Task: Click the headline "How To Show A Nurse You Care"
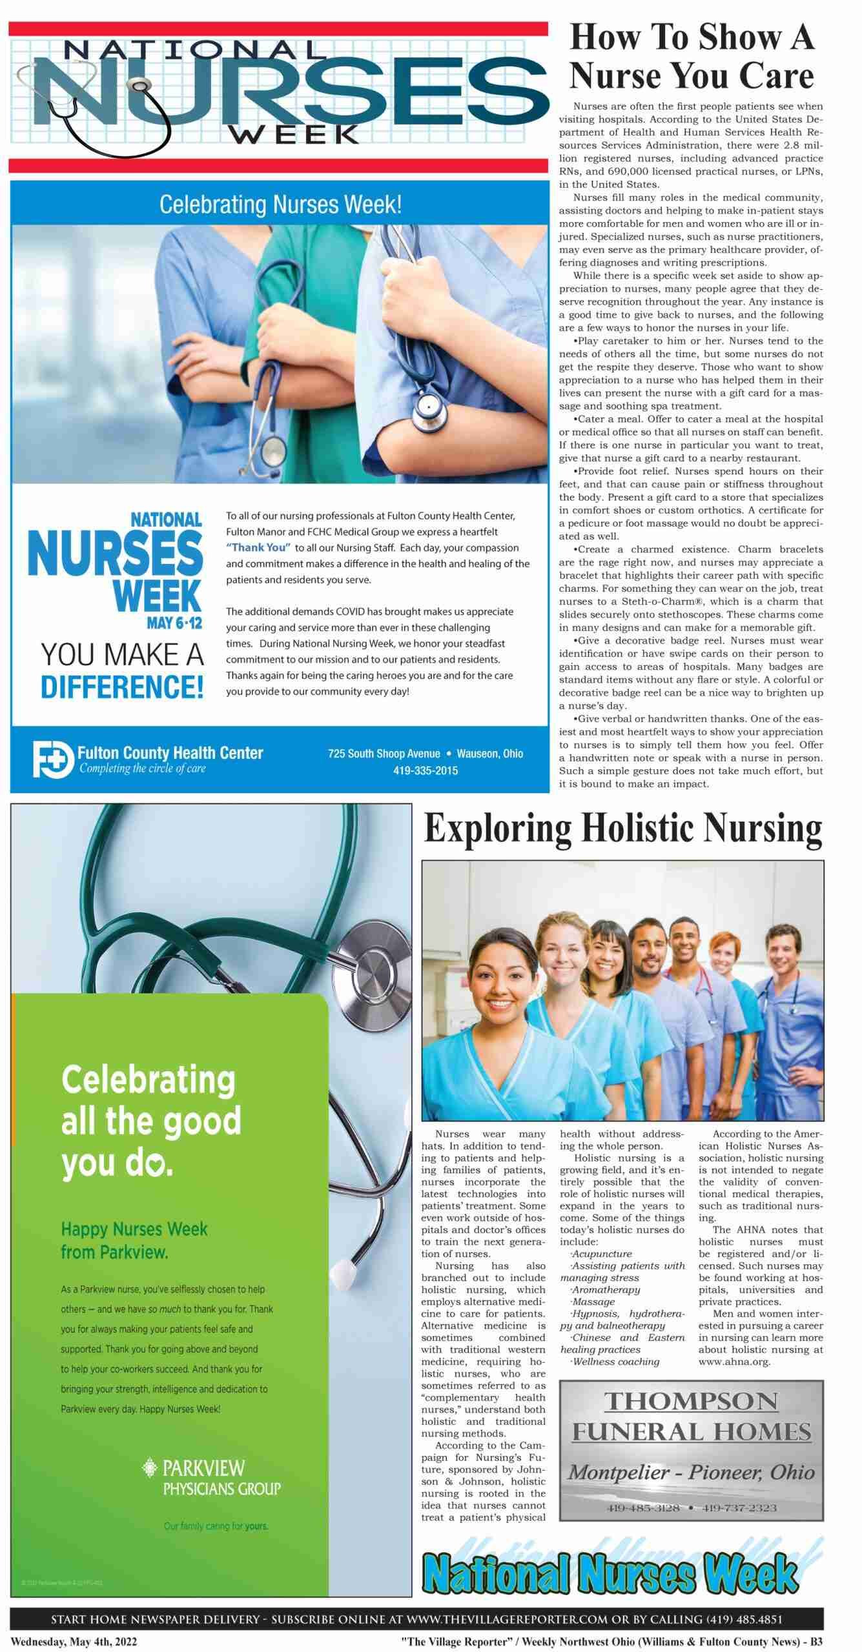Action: (x=691, y=56)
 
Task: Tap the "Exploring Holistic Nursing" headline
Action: (x=623, y=829)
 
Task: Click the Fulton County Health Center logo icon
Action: (x=53, y=759)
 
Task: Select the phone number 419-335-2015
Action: (x=425, y=771)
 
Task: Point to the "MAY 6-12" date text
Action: (x=174, y=623)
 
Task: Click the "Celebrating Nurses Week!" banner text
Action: (x=280, y=205)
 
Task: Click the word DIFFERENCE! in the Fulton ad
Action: (x=122, y=687)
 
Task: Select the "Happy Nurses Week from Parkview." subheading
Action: (x=134, y=1240)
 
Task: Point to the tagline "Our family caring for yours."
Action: (x=216, y=1526)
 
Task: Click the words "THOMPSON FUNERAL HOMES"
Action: (x=691, y=1416)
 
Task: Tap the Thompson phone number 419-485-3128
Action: (x=643, y=1507)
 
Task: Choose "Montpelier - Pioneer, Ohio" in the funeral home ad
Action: (x=691, y=1472)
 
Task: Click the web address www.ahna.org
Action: (x=734, y=1362)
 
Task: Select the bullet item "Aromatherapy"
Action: (x=606, y=1290)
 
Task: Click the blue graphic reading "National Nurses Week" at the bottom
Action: (x=610, y=1572)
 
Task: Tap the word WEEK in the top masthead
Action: (x=294, y=134)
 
